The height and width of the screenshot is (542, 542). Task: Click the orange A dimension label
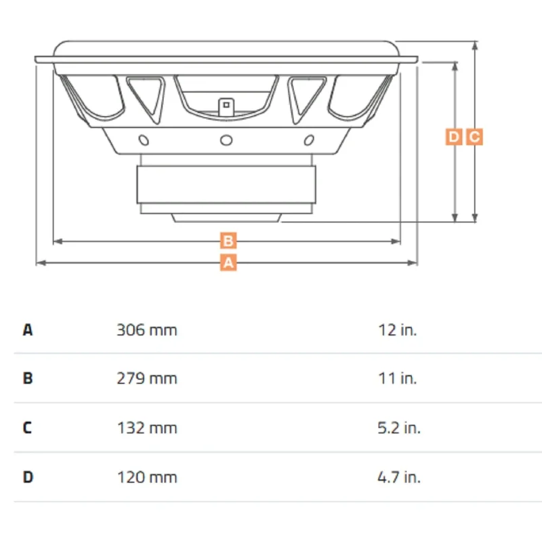(x=228, y=263)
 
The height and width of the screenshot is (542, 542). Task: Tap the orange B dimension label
(x=228, y=241)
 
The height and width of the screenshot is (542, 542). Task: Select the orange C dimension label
(x=474, y=137)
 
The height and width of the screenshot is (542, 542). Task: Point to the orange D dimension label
(x=454, y=137)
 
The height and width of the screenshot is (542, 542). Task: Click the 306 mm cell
(x=147, y=330)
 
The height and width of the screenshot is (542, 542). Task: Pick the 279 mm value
(x=147, y=379)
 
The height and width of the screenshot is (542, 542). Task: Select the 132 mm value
(x=147, y=428)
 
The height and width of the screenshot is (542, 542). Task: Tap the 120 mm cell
(x=147, y=478)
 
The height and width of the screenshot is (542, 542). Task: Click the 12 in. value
(x=398, y=330)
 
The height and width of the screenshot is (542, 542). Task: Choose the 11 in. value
(x=398, y=379)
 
